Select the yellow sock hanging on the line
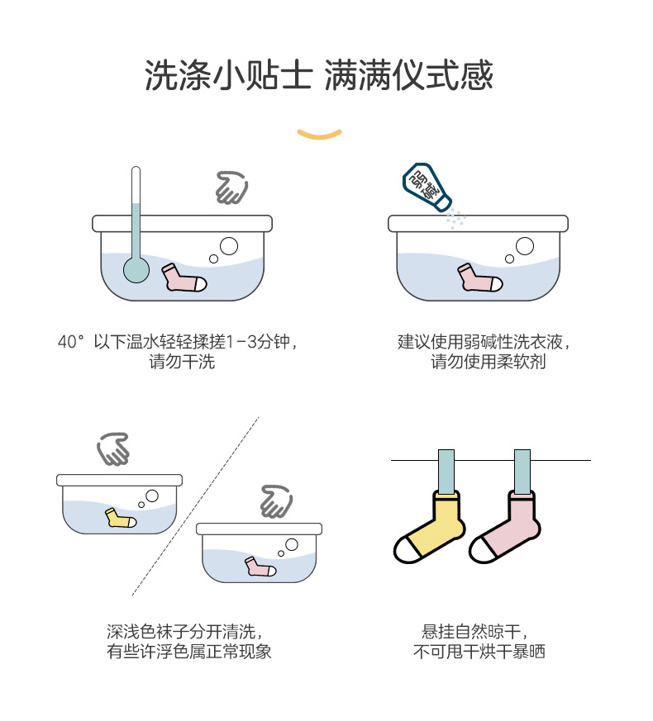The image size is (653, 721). point(430,528)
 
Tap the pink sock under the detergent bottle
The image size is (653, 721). point(479,277)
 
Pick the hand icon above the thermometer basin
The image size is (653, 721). point(231,187)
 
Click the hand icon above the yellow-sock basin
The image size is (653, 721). point(113,449)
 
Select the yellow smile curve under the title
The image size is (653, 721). point(319,133)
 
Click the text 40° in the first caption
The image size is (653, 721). point(71,342)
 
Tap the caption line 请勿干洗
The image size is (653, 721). point(182,362)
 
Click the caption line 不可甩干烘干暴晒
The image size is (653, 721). point(479,652)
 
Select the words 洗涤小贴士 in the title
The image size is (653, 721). point(227,77)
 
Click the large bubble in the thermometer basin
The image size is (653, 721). point(229,245)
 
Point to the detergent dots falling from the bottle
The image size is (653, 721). point(455,220)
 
